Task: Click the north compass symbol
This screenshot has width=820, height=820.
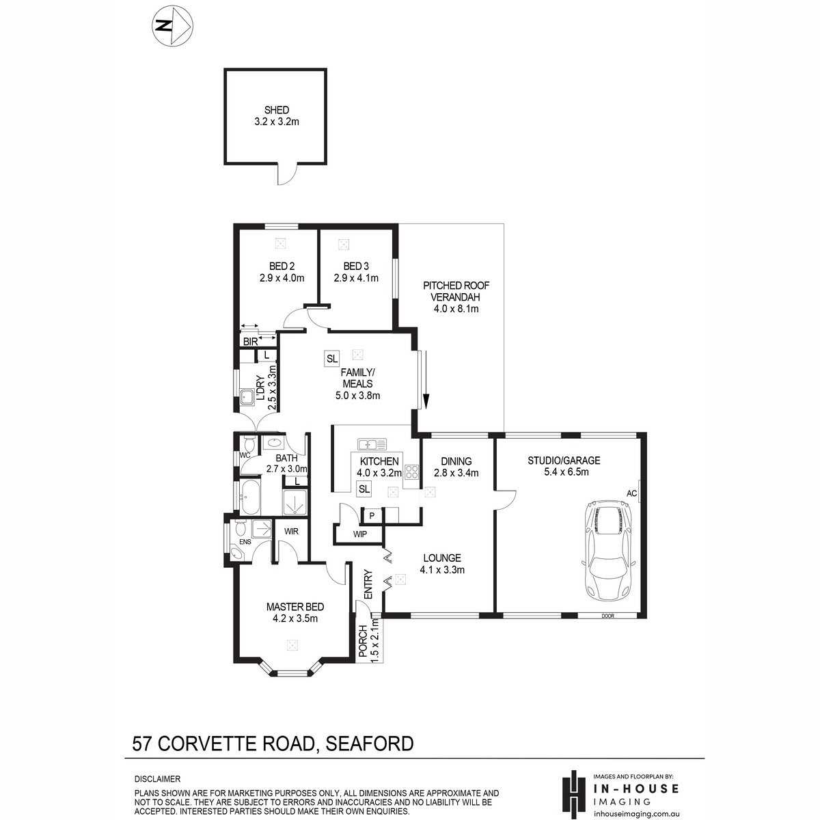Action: pos(172,26)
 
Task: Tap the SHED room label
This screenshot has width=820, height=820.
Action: pos(277,110)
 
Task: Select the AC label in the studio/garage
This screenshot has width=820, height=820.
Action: pos(631,493)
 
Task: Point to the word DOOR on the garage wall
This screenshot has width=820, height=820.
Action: pos(607,616)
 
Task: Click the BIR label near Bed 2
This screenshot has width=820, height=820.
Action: pos(250,341)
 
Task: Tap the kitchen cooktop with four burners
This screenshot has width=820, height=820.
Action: pos(411,471)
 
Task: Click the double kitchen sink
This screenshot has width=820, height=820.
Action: pos(372,444)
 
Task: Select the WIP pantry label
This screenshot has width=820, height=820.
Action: pos(359,534)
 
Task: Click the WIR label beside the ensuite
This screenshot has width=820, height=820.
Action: pos(291,532)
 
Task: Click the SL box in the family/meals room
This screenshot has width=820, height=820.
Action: pos(331,358)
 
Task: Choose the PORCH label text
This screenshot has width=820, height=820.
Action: pos(363,641)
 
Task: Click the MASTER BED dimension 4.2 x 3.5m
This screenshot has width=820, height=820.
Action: pos(295,618)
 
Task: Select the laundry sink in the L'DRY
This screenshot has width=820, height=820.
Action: pos(247,397)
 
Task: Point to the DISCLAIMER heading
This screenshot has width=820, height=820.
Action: pos(157,779)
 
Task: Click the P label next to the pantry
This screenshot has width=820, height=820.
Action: pos(372,516)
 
